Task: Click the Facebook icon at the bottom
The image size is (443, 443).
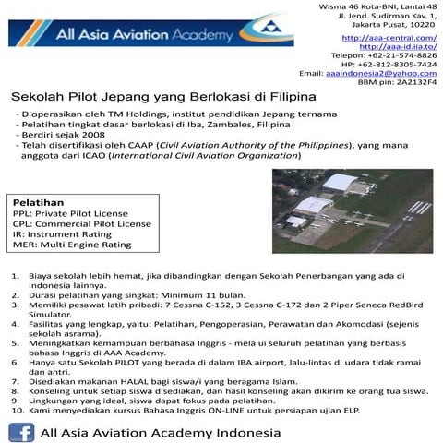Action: pyautogui.click(x=21, y=431)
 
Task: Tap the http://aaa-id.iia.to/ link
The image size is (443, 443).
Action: pyautogui.click(x=397, y=46)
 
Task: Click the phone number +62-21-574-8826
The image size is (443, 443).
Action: pyautogui.click(x=402, y=55)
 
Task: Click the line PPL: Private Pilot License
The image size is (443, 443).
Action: pyautogui.click(x=70, y=212)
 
